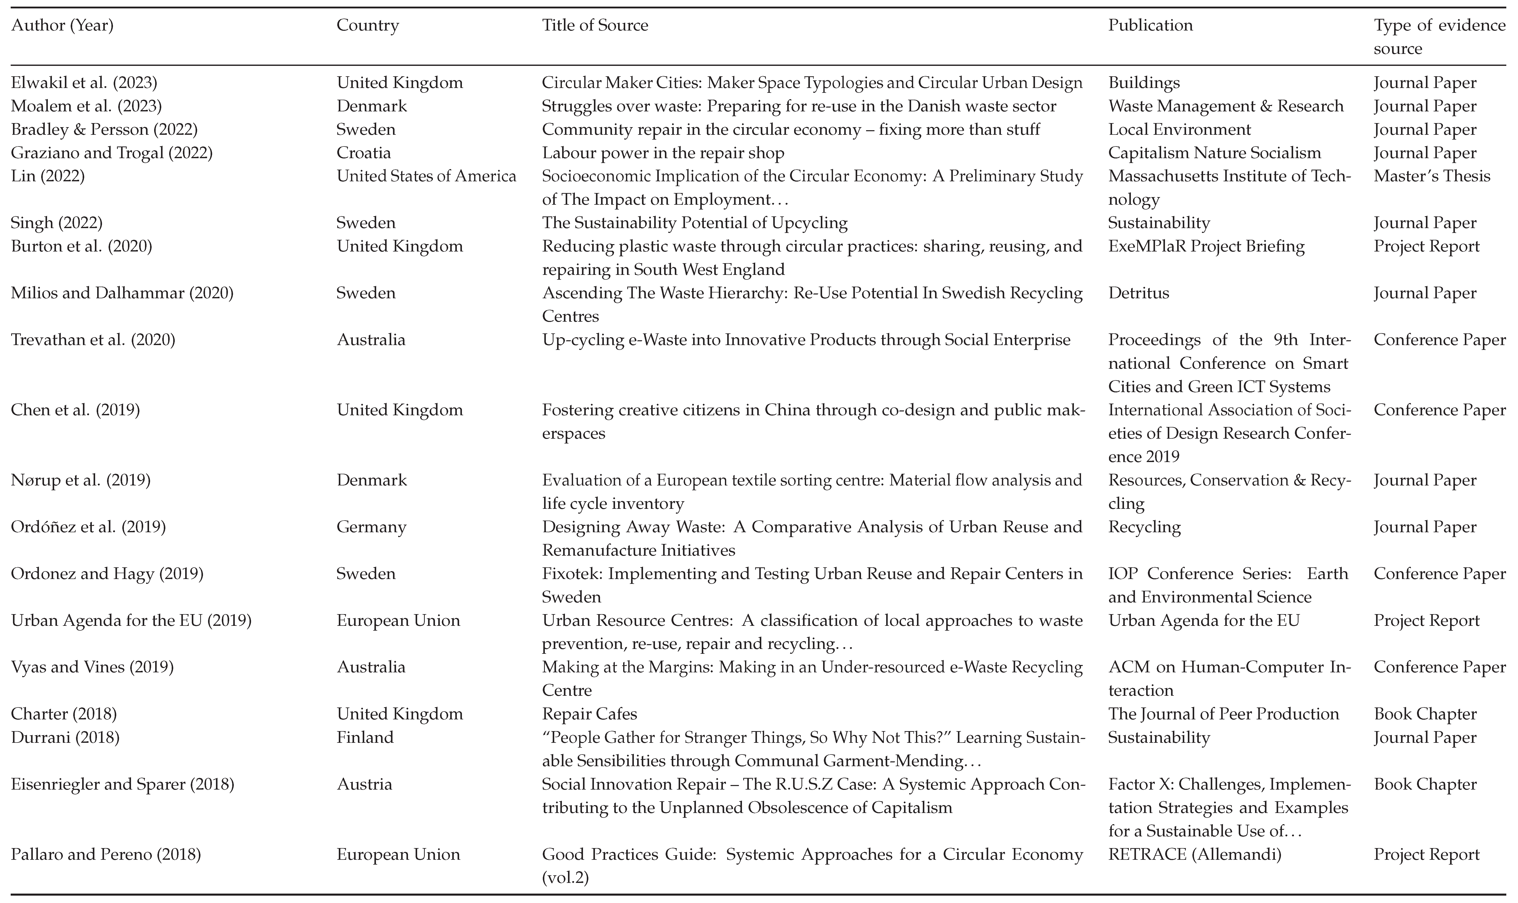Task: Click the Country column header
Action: tap(368, 25)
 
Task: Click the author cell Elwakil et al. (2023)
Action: tap(84, 83)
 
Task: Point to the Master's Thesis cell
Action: tap(1432, 176)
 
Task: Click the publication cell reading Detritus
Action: tap(1138, 293)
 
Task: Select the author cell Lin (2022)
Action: tap(48, 176)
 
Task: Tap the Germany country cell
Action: tap(371, 527)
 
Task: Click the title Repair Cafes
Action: tap(589, 714)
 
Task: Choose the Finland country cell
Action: tap(365, 737)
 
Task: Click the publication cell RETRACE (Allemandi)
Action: tap(1194, 854)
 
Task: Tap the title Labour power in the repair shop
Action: tap(663, 153)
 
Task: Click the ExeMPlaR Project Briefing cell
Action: tap(1206, 246)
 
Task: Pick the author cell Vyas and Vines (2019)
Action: tap(93, 668)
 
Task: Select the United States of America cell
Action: tap(426, 176)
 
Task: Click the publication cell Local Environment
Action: tap(1179, 130)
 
